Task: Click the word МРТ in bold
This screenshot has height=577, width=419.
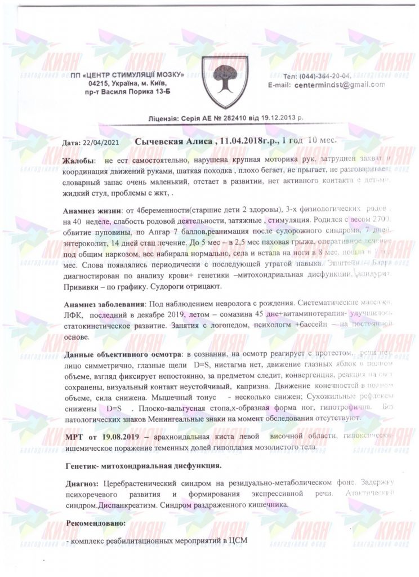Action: pyautogui.click(x=73, y=436)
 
